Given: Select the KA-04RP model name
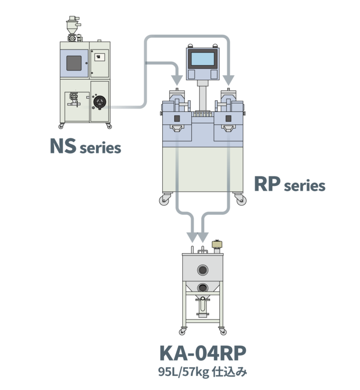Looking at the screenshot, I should pos(202,354).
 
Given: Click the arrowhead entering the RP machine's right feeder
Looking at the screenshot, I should pos(228,78).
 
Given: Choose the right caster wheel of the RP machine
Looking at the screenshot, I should pos(241,201).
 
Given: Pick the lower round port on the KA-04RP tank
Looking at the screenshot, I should pos(202,287).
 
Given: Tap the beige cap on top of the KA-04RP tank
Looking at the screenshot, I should pos(217,244).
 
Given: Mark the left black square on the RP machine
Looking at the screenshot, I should pos(177,118).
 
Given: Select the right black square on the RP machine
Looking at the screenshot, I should pos(229,118).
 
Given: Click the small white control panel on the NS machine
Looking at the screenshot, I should pos(98,57).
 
